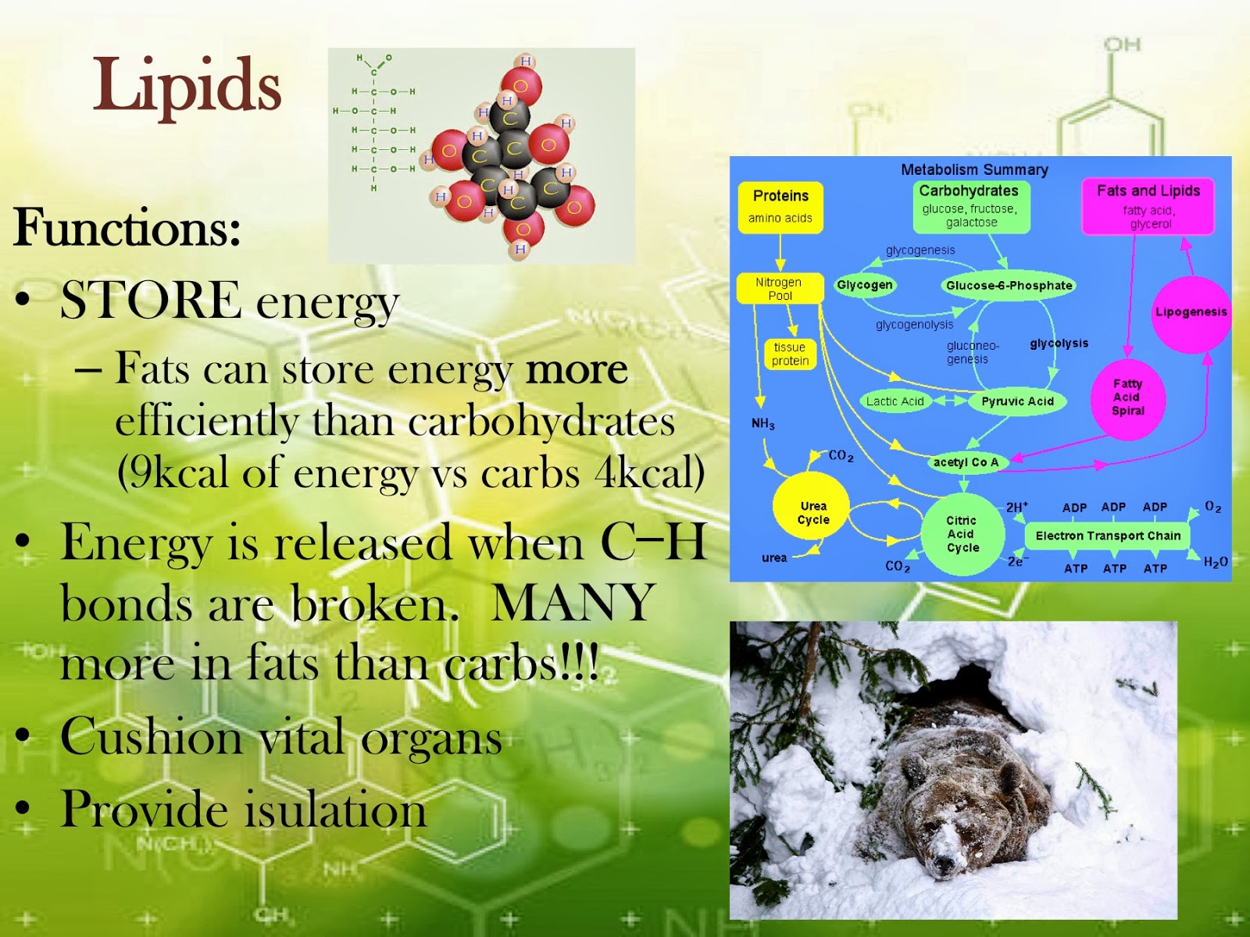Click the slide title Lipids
[187, 86]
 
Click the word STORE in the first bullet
[151, 301]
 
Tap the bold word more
[577, 369]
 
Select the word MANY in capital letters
[573, 603]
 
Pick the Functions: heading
[127, 228]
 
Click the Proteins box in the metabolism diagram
[780, 206]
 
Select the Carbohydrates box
[970, 206]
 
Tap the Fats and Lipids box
[1148, 206]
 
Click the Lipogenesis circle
[1191, 313]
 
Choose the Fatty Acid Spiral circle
[1127, 397]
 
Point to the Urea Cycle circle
[812, 513]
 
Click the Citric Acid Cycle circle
[962, 534]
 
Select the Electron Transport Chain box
[1108, 536]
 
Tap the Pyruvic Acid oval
[1017, 401]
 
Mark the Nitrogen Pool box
[780, 288]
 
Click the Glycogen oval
[864, 285]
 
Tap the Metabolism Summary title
[974, 169]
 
